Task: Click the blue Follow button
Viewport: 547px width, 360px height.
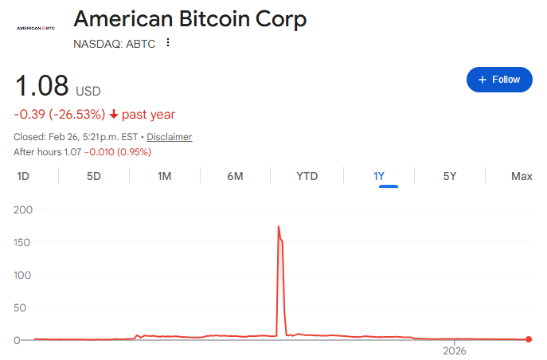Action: coord(499,80)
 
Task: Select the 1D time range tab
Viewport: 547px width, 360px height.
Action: coord(23,176)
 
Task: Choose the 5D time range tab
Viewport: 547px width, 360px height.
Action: coord(94,176)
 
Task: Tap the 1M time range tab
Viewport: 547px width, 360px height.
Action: coord(164,176)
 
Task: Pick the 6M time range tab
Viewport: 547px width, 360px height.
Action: coord(235,176)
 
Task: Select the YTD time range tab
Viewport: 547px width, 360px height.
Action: coord(307,176)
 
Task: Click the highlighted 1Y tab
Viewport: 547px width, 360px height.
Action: coord(379,176)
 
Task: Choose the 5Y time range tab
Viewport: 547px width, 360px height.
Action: coord(450,176)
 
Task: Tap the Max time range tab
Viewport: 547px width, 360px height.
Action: coord(522,176)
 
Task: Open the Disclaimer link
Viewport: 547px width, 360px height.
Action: coord(169,137)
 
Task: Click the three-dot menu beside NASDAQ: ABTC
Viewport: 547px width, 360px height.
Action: coord(168,43)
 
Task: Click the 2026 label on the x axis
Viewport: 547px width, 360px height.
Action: coord(454,350)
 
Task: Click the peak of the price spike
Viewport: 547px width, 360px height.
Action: coord(279,227)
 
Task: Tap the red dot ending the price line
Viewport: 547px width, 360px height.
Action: coord(529,340)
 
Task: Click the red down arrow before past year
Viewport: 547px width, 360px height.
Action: coord(114,115)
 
